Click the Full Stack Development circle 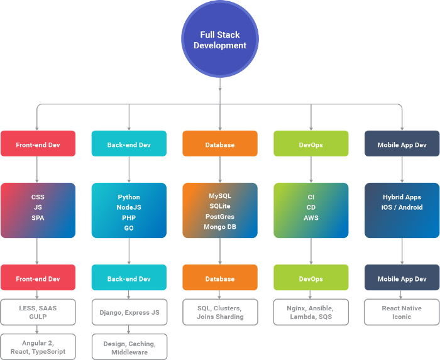click(219, 40)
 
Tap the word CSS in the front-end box click(38, 197)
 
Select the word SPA click(38, 218)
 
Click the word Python click(129, 197)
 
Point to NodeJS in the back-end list click(129, 207)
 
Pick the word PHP click(129, 218)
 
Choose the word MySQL click(219, 196)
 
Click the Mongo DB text click(219, 227)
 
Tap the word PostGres click(219, 217)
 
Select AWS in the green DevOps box click(311, 218)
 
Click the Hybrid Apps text click(402, 197)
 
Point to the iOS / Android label click(402, 207)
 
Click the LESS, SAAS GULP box click(38, 312)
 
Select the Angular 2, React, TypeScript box click(38, 346)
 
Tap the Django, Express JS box click(129, 312)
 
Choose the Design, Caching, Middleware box click(129, 346)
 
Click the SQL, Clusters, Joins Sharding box click(219, 312)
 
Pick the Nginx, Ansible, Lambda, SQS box click(311, 312)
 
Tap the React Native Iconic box click(402, 312)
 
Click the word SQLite click(219, 206)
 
